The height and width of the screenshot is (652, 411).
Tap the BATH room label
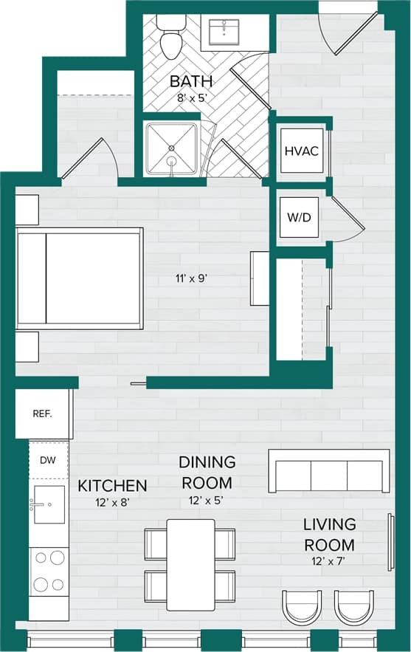(x=191, y=80)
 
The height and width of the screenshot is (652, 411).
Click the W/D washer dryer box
(x=299, y=219)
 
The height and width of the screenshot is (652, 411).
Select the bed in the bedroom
(x=80, y=278)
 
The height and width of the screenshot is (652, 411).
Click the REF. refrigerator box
(x=42, y=413)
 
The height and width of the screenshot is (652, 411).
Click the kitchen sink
(x=48, y=504)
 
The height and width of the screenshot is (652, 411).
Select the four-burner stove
(x=49, y=572)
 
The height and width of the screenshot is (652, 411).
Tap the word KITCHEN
(x=113, y=486)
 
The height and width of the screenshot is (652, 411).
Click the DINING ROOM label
(x=207, y=473)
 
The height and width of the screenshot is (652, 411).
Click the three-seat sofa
(x=329, y=471)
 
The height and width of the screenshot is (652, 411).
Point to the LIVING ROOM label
(x=329, y=535)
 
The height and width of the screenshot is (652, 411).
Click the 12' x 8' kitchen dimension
(x=112, y=504)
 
